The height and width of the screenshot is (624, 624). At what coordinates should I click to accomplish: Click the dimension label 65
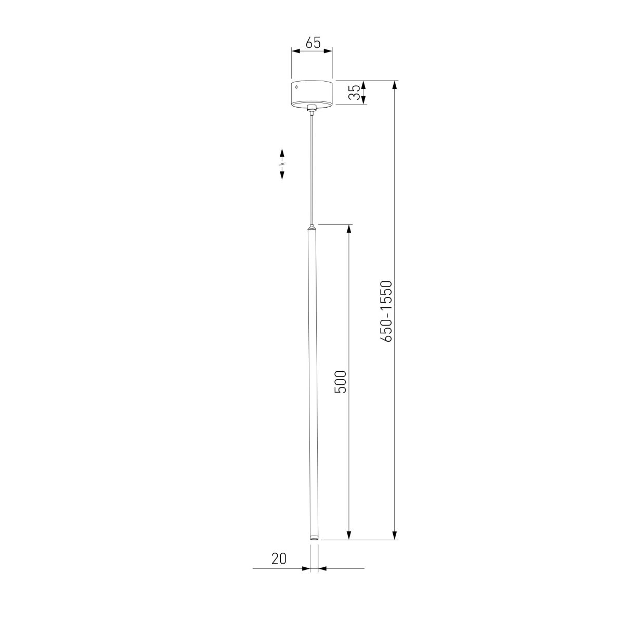click(x=312, y=43)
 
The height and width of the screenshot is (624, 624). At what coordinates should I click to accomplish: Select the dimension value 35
click(x=353, y=93)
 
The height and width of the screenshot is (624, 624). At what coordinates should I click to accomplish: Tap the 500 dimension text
click(x=340, y=382)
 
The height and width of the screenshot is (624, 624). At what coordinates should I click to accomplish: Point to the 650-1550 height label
click(x=386, y=311)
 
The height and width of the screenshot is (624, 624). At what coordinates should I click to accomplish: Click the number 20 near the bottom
click(x=279, y=558)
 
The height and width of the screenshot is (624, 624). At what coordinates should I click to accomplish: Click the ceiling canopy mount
click(x=311, y=94)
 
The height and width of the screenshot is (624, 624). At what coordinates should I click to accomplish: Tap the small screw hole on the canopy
click(x=297, y=88)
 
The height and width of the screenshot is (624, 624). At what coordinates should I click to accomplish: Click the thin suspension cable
click(x=312, y=166)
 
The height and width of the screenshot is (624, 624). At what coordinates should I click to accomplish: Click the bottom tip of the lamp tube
click(x=314, y=538)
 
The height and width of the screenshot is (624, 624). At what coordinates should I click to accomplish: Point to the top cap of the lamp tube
click(x=312, y=228)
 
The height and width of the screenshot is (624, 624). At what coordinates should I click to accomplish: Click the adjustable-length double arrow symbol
click(x=282, y=164)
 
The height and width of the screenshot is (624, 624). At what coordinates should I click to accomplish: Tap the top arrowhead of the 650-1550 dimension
click(x=395, y=85)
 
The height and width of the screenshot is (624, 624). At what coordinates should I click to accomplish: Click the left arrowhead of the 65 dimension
click(x=295, y=51)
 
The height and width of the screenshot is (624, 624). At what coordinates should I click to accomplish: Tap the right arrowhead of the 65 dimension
click(x=329, y=51)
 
